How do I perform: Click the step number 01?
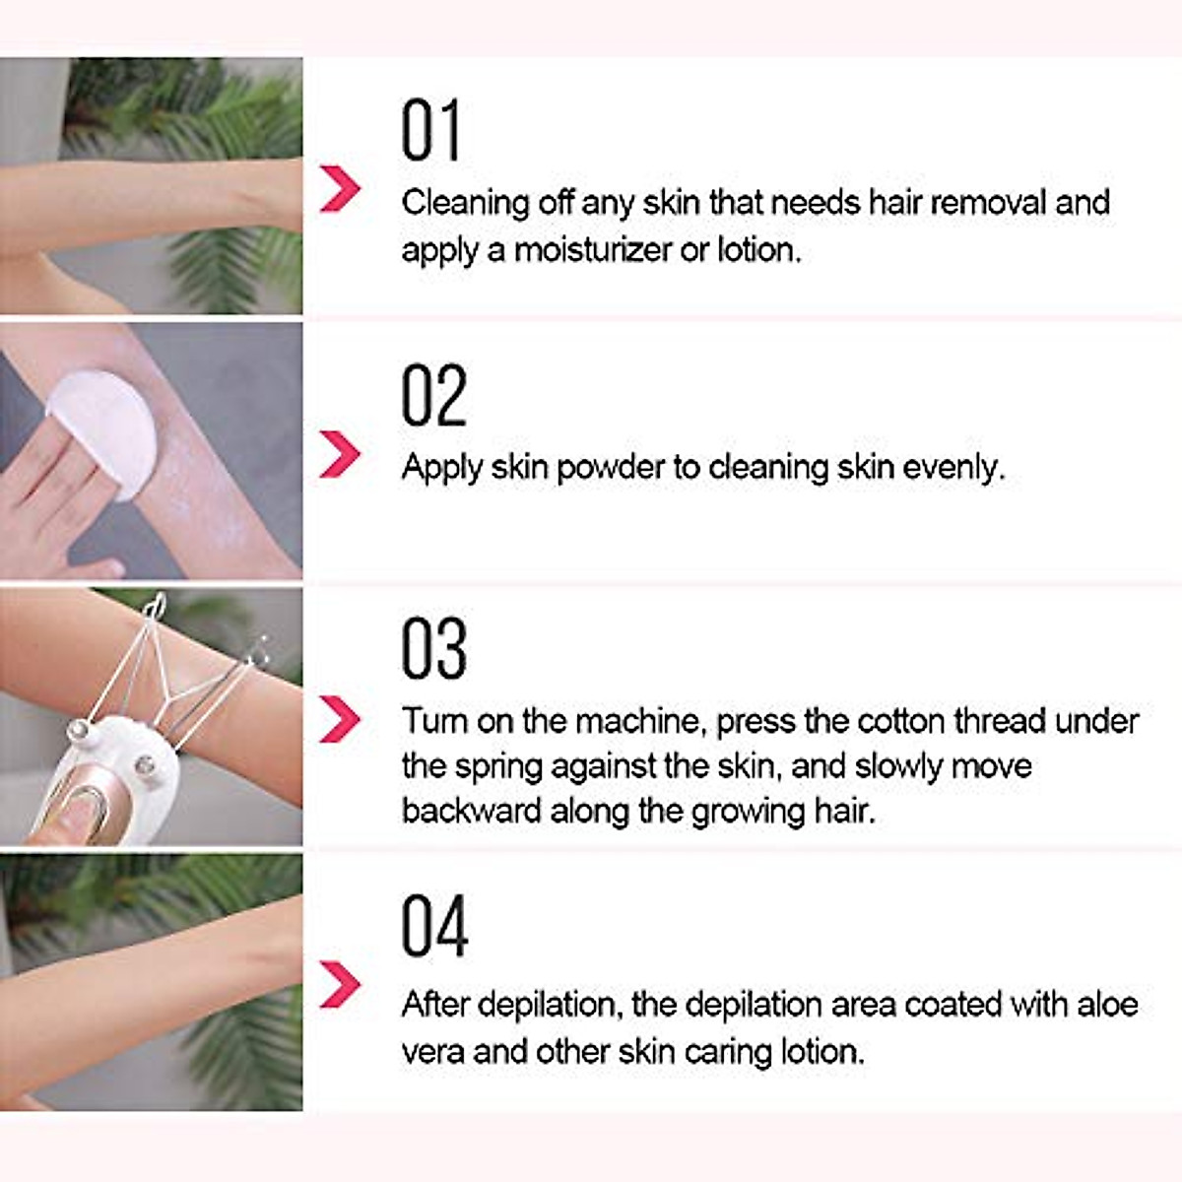pos(430,131)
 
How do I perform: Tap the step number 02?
pos(433,396)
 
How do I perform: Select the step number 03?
pos(433,649)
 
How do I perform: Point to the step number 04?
pos(433,927)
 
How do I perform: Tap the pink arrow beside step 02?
pos(340,454)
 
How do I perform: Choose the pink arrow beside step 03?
pos(340,719)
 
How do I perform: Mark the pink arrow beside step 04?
pos(340,984)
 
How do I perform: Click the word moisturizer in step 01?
pos(593,250)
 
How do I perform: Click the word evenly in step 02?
pos(952,468)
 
